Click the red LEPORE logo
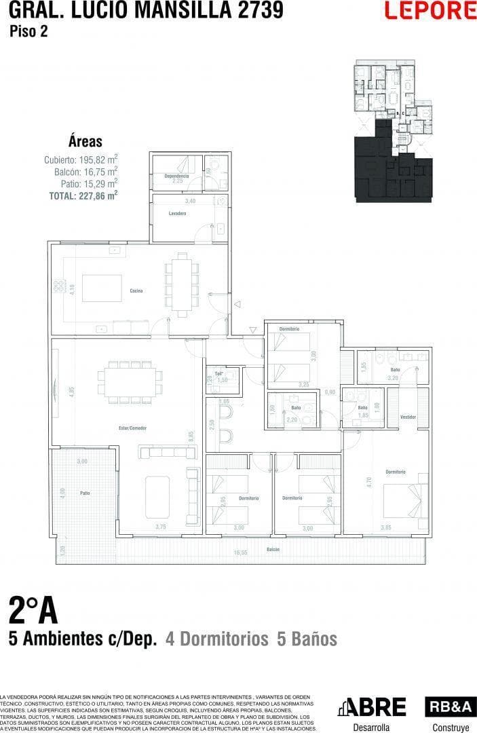[x=430, y=10]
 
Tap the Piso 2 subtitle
[x=28, y=31]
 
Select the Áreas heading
[x=85, y=142]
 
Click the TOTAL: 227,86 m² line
[x=83, y=194]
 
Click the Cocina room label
[x=136, y=290]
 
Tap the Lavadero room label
[x=177, y=213]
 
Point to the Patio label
[x=84, y=493]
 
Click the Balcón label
[x=273, y=548]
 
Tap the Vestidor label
[x=408, y=417]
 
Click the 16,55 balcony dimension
[x=240, y=553]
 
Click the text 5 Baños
[x=307, y=639]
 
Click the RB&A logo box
[x=447, y=707]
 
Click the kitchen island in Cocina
[x=102, y=288]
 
